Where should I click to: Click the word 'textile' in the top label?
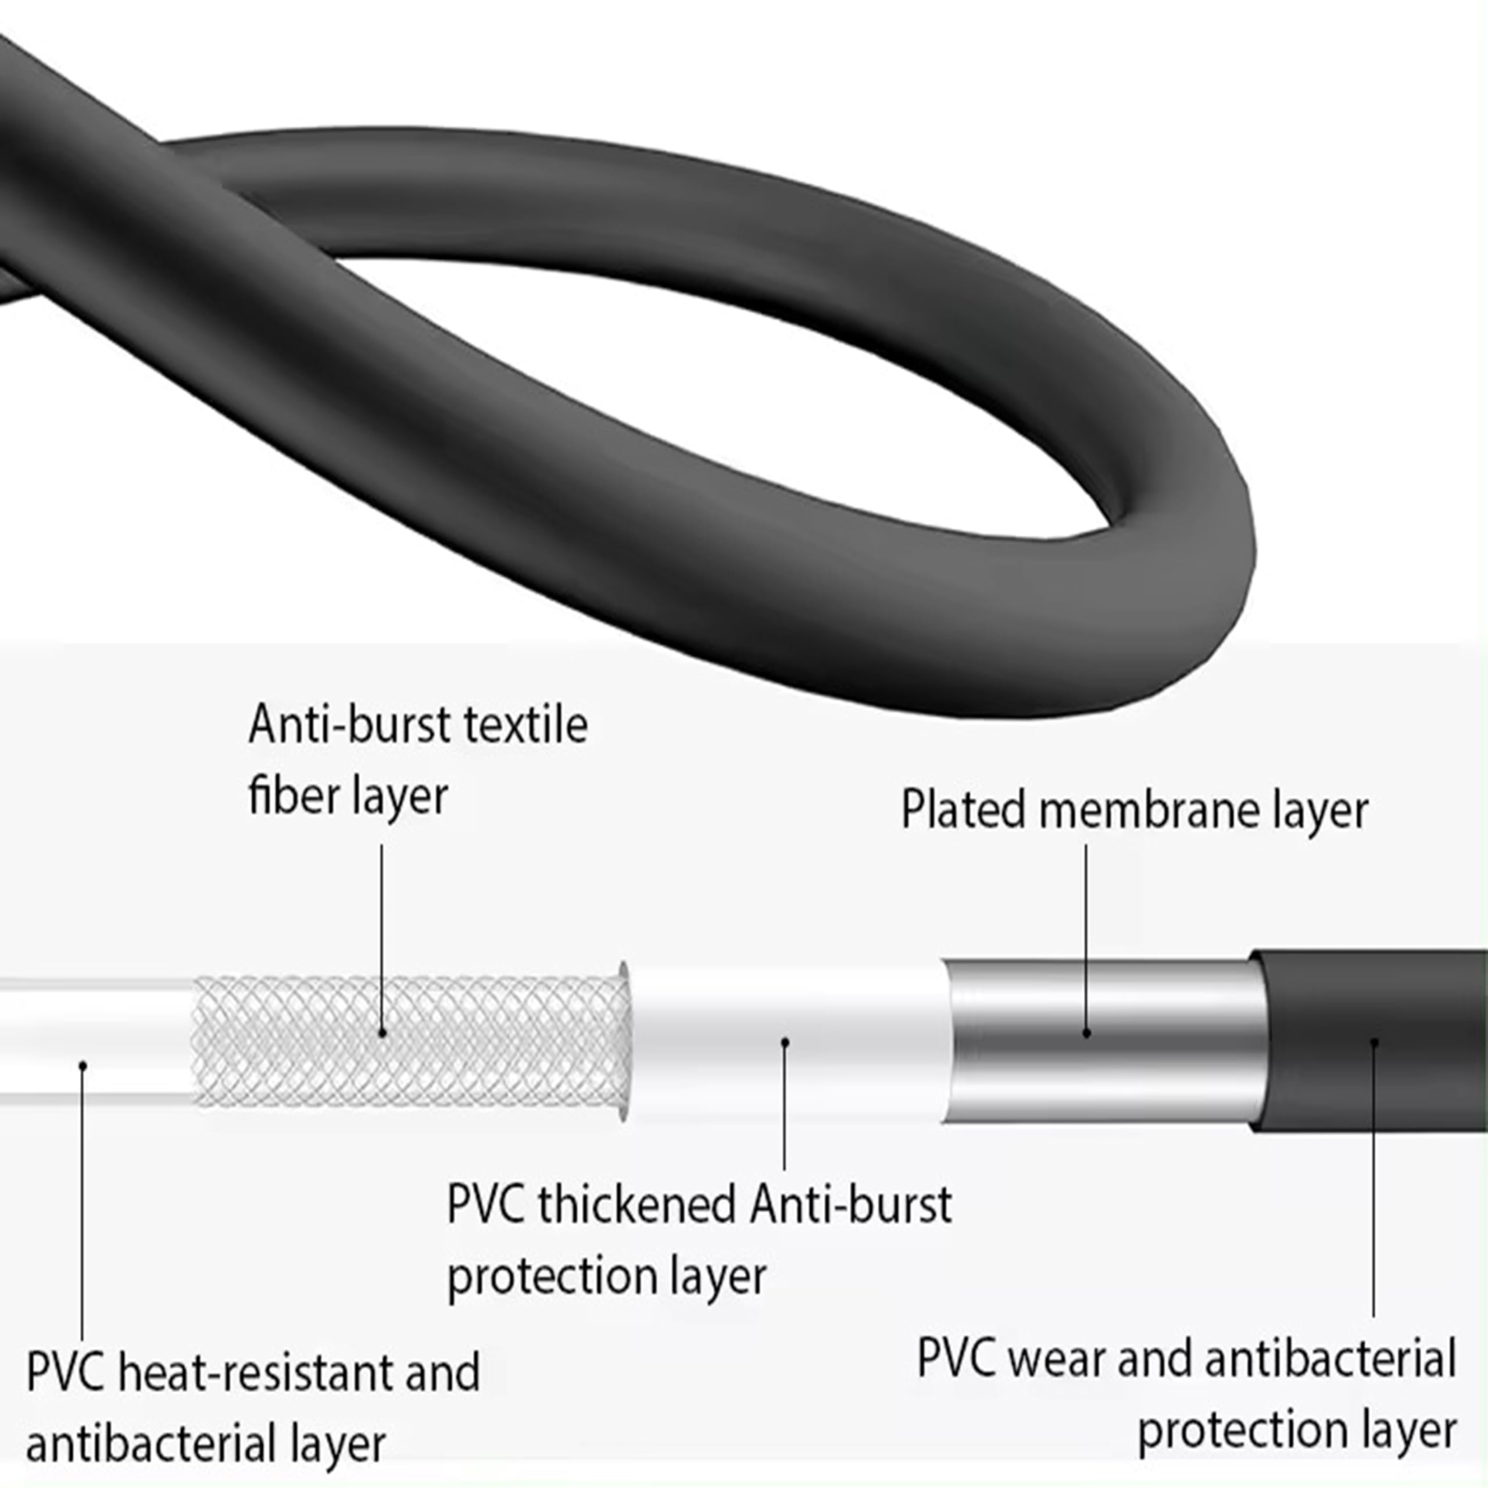(x=527, y=725)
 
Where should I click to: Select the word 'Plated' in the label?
(x=963, y=810)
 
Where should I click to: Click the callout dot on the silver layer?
(x=1087, y=1033)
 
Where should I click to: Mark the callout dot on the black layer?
(x=1374, y=1042)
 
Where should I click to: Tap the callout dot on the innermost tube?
(x=83, y=1065)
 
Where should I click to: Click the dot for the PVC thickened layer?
(x=785, y=1042)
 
